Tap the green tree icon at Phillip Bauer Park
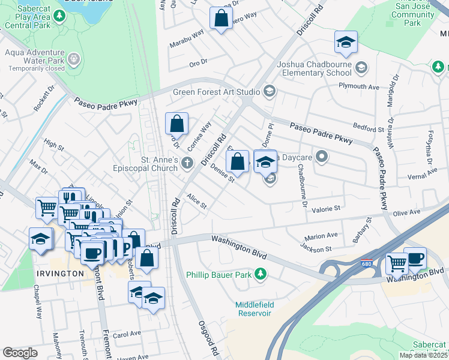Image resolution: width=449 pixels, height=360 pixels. click(x=261, y=274)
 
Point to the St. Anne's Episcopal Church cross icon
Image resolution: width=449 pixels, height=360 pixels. click(x=187, y=163)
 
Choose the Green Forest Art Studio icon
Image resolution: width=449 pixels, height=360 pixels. click(x=270, y=92)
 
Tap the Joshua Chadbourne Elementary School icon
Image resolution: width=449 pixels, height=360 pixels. click(x=361, y=67)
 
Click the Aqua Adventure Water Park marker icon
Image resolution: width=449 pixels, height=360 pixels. click(x=74, y=59)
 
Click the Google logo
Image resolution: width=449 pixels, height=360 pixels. click(x=20, y=353)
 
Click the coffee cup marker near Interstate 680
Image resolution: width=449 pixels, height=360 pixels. click(x=415, y=259)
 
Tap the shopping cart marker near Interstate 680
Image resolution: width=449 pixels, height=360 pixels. click(x=396, y=262)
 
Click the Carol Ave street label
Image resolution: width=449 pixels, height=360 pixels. click(x=126, y=334)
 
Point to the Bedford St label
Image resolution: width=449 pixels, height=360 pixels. click(x=368, y=129)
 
